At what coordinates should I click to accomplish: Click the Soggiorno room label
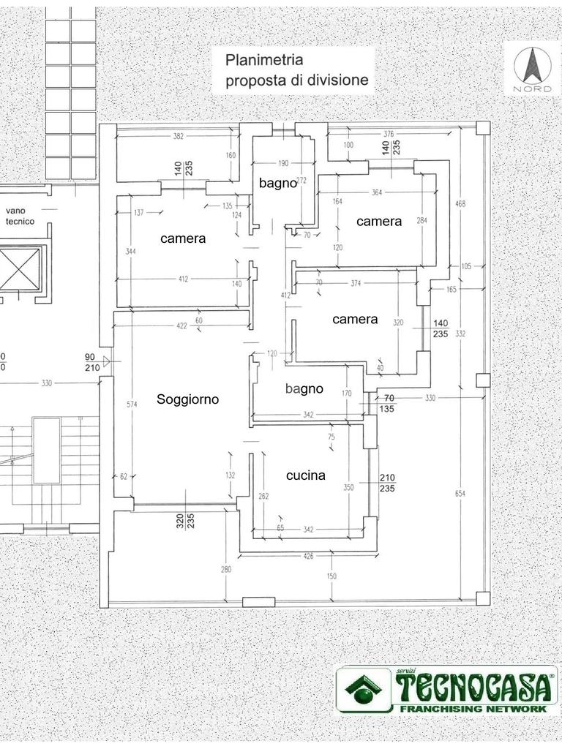188,399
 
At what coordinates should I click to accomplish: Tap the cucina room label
306,475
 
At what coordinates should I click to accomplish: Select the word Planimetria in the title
264,60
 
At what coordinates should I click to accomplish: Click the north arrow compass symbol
531,67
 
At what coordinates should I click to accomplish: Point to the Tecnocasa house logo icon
364,688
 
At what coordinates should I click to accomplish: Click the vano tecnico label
20,216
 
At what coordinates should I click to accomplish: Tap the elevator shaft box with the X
19,269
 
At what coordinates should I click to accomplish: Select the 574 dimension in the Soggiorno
132,404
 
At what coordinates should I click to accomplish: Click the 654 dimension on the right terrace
460,494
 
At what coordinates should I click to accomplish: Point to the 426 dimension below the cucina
308,556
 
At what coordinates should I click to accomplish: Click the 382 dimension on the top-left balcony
179,136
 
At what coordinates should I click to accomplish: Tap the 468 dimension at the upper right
460,204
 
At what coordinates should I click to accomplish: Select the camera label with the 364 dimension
379,221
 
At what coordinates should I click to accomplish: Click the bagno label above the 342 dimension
304,389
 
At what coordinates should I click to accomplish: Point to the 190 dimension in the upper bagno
283,163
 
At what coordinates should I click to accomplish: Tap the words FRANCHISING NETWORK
473,708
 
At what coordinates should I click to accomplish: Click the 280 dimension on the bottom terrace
226,569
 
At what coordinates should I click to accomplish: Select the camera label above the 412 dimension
183,238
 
